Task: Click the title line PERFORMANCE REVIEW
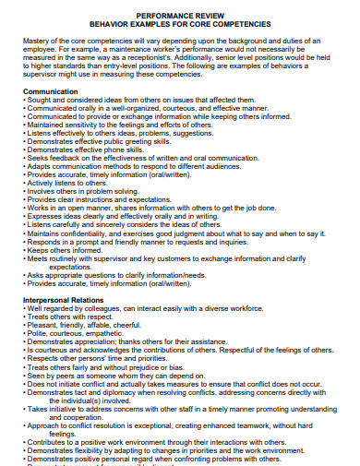(x=179, y=17)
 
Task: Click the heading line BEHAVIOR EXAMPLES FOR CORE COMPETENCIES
(x=179, y=25)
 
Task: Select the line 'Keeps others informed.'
(x=69, y=249)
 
